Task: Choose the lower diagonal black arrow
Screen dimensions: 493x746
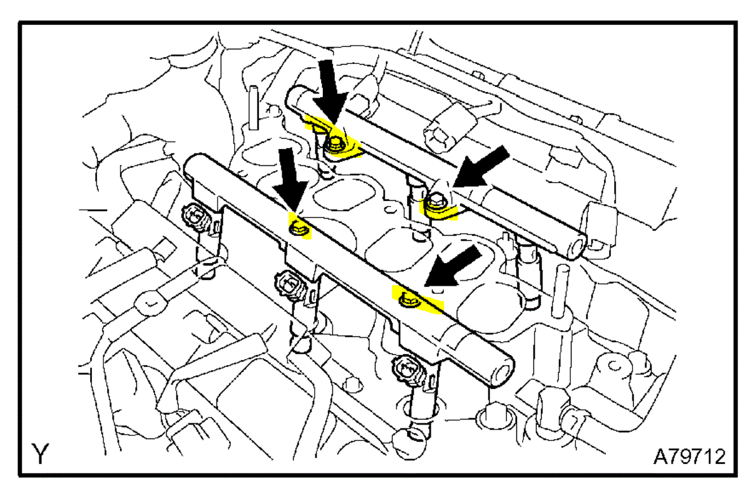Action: click(453, 266)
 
